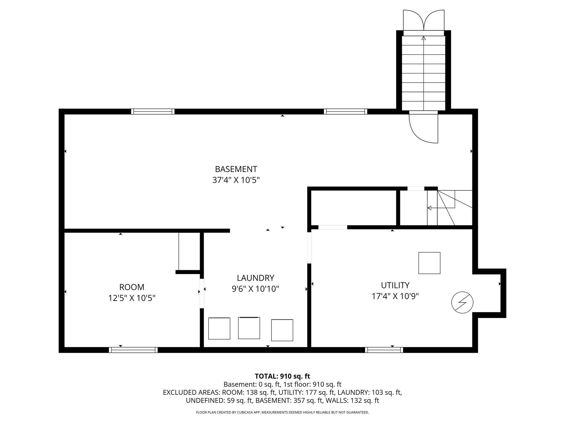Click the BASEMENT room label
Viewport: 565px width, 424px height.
point(236,169)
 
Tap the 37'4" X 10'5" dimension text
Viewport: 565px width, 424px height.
point(236,180)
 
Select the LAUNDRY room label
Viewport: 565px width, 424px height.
point(255,278)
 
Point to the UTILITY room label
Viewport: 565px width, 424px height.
point(395,285)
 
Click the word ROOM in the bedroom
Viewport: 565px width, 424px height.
point(132,287)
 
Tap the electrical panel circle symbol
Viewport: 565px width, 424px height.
point(462,302)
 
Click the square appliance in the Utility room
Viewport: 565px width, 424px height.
point(429,263)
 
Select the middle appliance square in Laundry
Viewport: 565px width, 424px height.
point(249,328)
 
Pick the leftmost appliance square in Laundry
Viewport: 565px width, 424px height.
point(219,328)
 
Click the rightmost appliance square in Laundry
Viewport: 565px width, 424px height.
point(282,330)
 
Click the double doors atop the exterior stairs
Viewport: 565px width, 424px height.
point(423,21)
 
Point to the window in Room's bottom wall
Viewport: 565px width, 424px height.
point(133,350)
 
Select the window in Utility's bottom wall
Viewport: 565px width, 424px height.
point(384,350)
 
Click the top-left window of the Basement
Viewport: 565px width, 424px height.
point(153,112)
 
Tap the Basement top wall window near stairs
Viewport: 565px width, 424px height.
point(345,112)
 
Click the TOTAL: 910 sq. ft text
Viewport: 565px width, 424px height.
point(282,376)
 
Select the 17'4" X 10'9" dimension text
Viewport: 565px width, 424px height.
point(395,296)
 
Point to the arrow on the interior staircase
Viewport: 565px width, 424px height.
point(430,208)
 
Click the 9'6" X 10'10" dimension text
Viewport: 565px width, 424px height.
point(255,289)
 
